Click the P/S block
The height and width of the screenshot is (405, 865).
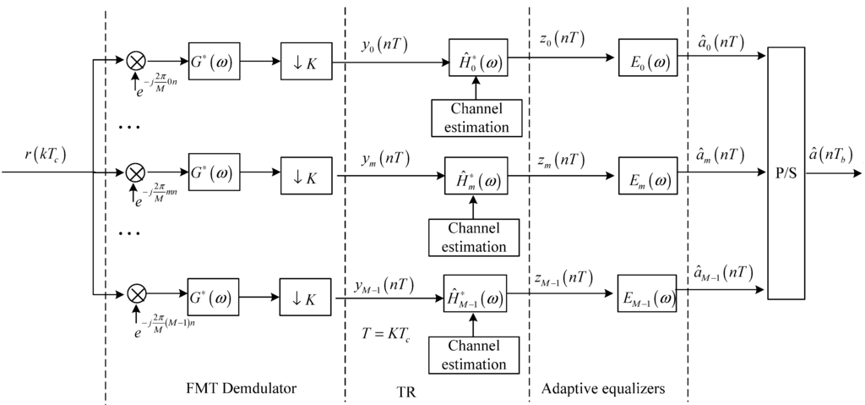coord(786,173)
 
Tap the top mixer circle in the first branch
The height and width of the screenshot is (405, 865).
coord(135,60)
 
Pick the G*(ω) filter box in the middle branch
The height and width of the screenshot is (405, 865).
coord(215,176)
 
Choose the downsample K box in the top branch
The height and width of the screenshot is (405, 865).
coord(307,60)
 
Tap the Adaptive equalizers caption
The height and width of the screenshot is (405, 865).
coord(605,389)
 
